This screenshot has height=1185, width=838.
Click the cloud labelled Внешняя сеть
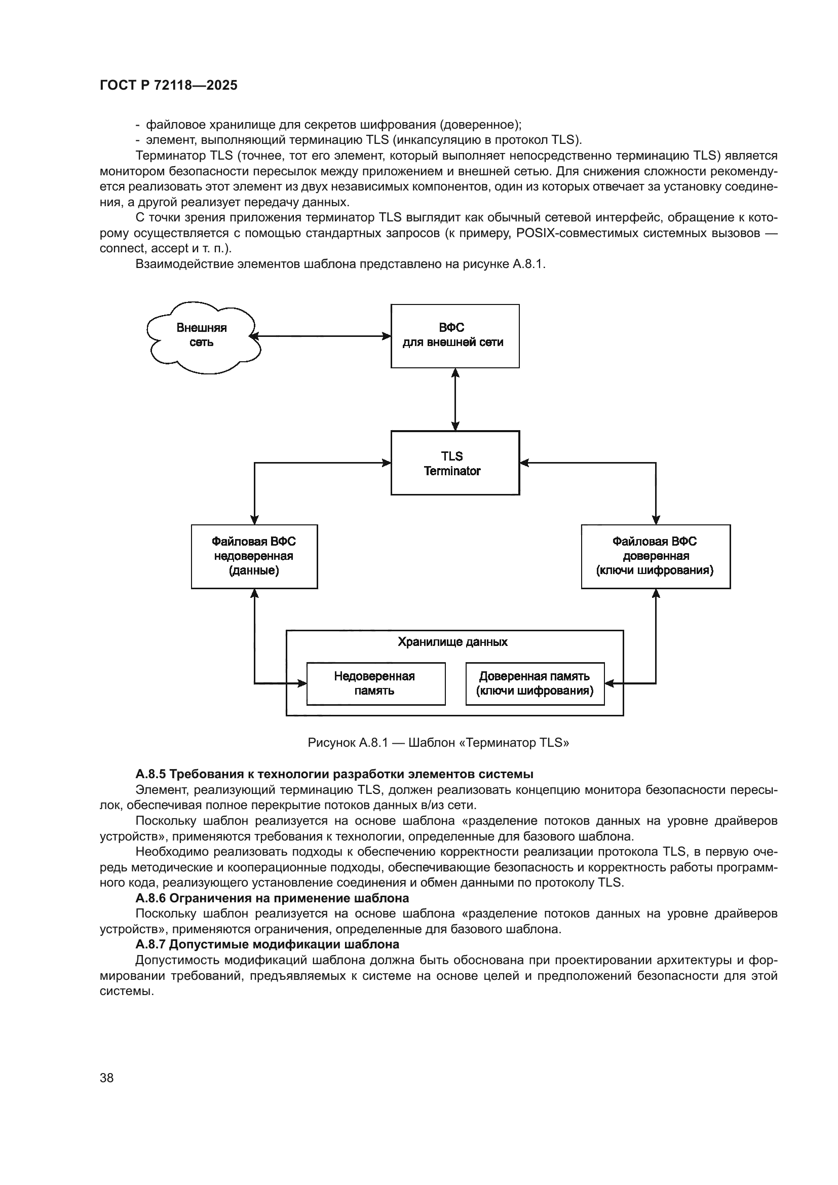[x=202, y=336]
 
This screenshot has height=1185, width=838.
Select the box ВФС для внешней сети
[x=454, y=336]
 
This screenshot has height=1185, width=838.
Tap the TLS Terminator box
[x=454, y=463]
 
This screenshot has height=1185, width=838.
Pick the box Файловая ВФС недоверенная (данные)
[x=254, y=556]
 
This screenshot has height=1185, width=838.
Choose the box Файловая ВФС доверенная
[x=655, y=556]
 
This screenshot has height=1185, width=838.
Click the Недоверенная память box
[x=375, y=683]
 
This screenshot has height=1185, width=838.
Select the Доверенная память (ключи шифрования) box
[x=535, y=683]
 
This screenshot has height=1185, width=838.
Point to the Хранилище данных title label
[x=452, y=642]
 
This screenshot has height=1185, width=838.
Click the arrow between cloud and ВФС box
[x=320, y=336]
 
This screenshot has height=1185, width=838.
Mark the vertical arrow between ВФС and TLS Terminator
[x=455, y=399]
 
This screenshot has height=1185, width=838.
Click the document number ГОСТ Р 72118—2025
[x=168, y=86]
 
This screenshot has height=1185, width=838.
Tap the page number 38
[x=107, y=1078]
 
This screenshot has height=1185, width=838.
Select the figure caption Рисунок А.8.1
[x=438, y=743]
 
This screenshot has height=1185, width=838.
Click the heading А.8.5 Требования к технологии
[x=334, y=774]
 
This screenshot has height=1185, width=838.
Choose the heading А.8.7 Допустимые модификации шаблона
[x=268, y=944]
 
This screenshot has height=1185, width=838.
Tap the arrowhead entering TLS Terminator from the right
[x=524, y=463]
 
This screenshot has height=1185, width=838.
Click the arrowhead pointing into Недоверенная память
[x=302, y=683]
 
